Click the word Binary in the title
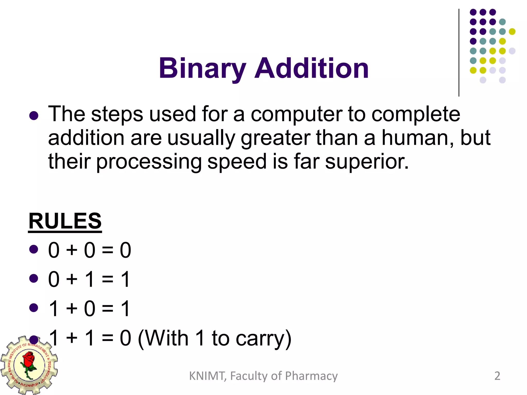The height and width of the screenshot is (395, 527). click(x=202, y=68)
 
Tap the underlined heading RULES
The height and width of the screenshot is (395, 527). click(x=65, y=221)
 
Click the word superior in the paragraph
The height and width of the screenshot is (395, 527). click(x=367, y=162)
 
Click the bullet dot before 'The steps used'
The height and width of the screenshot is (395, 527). click(x=34, y=116)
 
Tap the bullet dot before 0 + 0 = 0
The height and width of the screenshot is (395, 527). click(x=34, y=249)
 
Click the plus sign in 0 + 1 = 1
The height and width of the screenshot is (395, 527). click(x=72, y=280)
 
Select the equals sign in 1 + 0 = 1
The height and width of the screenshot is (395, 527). click(x=108, y=309)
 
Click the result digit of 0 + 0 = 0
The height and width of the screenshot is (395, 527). click(x=126, y=250)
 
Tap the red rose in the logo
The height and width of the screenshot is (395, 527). click(x=29, y=360)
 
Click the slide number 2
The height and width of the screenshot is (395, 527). click(x=497, y=376)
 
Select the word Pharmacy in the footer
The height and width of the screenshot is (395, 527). click(x=311, y=376)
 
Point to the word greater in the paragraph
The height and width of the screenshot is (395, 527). click(x=276, y=139)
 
